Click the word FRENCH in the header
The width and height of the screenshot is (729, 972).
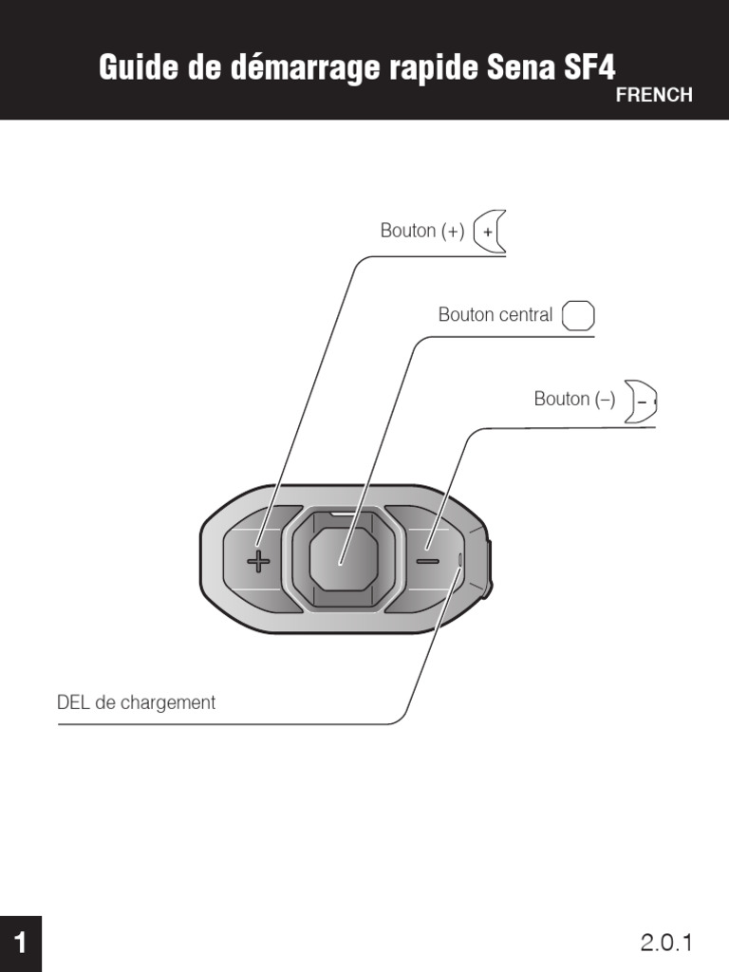tap(654, 96)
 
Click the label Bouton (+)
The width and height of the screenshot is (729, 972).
tap(422, 231)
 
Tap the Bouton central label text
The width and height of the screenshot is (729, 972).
tap(495, 315)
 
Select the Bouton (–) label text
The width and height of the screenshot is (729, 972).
tap(574, 400)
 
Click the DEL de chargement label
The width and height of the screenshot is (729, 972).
tap(136, 703)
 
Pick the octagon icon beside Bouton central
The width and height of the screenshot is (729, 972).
tap(578, 316)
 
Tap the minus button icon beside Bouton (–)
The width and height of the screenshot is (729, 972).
tap(643, 402)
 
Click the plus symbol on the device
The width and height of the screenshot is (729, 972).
tap(258, 561)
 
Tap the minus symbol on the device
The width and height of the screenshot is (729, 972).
tap(427, 560)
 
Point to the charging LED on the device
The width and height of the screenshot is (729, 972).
tap(461, 560)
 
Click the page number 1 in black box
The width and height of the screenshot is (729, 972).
tap(20, 944)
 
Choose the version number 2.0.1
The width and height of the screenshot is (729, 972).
tap(667, 943)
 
